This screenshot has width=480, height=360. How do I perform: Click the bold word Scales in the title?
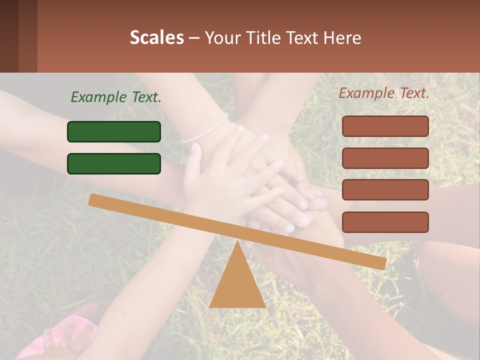(157, 37)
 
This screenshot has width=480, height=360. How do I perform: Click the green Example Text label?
(116, 97)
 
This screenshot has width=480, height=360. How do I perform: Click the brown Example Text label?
(384, 93)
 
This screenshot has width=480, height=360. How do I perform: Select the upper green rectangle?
(114, 131)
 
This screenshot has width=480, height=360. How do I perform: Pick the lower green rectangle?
(114, 163)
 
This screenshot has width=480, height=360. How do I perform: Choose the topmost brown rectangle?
(385, 126)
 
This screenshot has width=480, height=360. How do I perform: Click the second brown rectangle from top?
(385, 158)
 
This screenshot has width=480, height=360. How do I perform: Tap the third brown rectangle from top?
(385, 190)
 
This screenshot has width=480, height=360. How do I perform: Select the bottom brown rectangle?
(385, 222)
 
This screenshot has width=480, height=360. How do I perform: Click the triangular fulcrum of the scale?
(237, 285)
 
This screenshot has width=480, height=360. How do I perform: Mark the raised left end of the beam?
(93, 199)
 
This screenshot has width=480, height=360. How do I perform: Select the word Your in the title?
(221, 37)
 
